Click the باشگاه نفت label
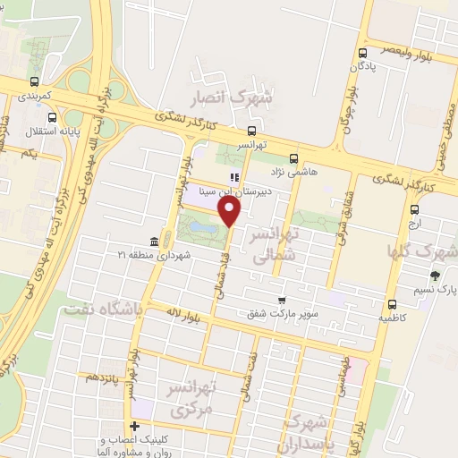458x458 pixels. coord(100,309)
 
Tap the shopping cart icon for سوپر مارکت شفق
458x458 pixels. coord(282,301)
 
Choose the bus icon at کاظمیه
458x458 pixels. coord(392,303)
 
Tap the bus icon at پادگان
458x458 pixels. coord(361,54)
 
